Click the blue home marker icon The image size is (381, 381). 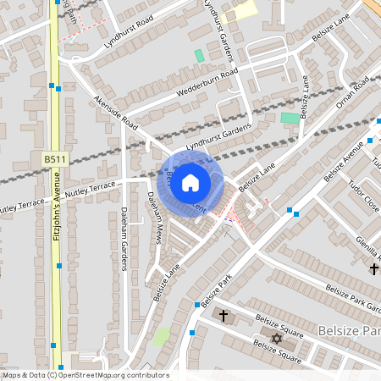coord(190,183)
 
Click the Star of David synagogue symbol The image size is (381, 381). coord(274,339)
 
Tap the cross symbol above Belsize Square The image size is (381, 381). coord(224,316)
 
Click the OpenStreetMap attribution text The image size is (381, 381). coord(85,375)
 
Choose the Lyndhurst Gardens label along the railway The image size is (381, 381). coord(219,135)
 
